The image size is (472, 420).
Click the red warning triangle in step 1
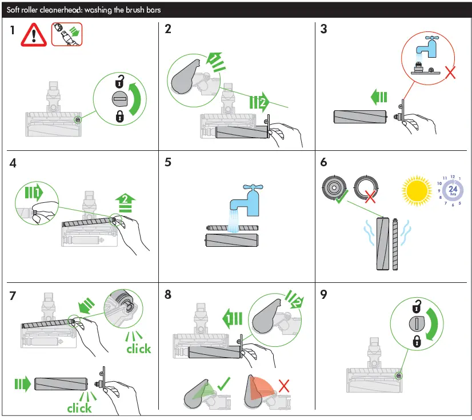click(x=34, y=35)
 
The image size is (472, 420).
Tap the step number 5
click(x=168, y=162)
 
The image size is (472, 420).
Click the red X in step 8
click(x=283, y=385)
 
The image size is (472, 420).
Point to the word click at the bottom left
click(x=79, y=408)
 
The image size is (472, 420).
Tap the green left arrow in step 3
click(x=378, y=98)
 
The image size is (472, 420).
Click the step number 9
click(x=324, y=295)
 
